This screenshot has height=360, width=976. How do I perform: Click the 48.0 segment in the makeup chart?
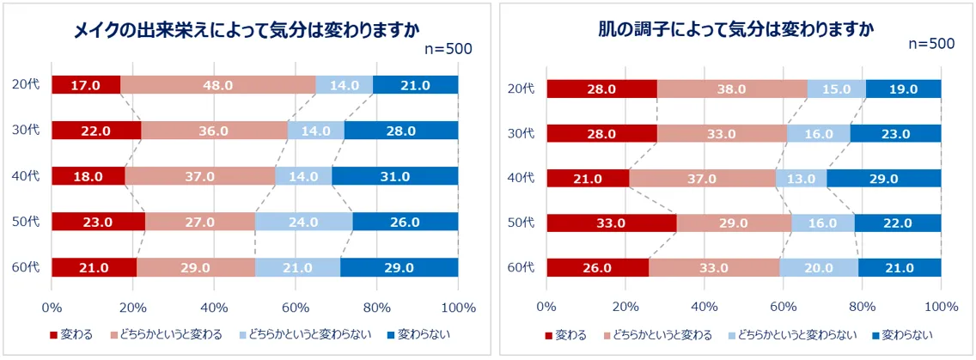218,85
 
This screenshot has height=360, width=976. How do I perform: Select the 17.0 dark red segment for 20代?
86,85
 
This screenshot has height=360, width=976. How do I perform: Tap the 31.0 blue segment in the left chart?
394,176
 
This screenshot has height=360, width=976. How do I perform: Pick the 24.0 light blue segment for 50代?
304,222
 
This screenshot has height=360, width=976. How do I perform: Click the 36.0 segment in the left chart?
214,131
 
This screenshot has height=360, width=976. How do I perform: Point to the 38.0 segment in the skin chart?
732,89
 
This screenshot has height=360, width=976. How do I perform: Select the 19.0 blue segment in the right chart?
903,89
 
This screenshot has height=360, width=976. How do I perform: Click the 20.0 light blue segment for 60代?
818,267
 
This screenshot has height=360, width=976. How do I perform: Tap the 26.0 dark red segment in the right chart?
597,267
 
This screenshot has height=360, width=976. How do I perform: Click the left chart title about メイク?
247,32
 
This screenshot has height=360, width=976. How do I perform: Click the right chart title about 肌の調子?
736,29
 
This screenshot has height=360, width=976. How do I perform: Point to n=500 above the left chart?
448,49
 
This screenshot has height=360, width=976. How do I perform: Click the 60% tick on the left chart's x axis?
295,308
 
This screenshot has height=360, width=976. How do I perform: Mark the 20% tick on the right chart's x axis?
625,308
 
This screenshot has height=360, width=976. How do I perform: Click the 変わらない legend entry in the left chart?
418,333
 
